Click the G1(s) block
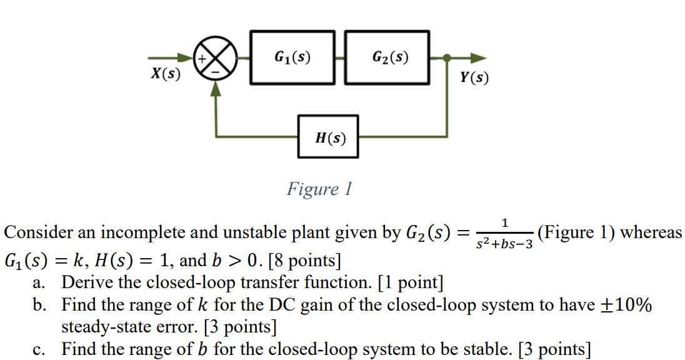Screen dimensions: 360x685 coord(292,57)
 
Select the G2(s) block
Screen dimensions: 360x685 coord(387,57)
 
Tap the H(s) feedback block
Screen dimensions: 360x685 coord(328,137)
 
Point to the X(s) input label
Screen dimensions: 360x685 coord(166,74)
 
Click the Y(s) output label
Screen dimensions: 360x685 coord(474,77)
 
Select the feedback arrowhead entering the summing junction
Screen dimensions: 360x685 coord(216,89)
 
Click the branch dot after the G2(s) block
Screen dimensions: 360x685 coord(447,58)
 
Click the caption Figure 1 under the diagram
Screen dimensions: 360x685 coord(319,188)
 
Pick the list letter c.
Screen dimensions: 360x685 coord(39,349)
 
